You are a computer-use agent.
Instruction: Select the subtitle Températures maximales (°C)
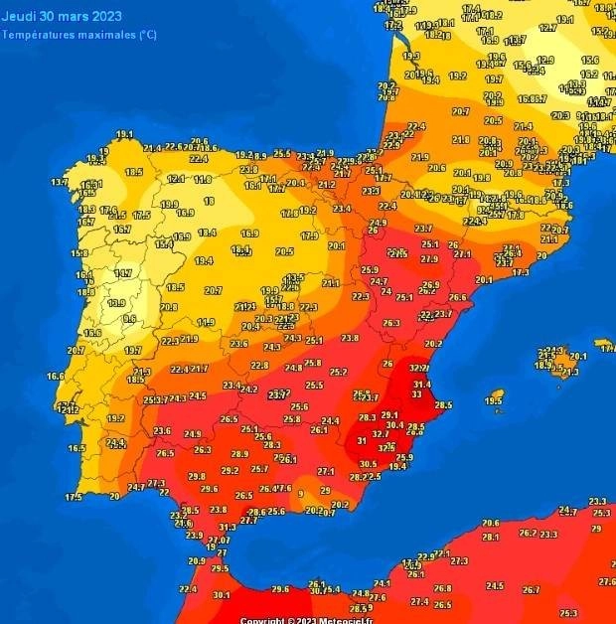point(78,35)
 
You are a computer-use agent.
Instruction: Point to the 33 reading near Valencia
point(415,394)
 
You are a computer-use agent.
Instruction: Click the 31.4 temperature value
point(422,384)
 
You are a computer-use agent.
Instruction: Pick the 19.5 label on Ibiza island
point(494,400)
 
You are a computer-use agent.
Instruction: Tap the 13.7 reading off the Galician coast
point(60,182)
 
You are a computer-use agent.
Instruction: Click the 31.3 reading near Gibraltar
point(228,527)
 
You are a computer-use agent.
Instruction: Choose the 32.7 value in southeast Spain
point(380,434)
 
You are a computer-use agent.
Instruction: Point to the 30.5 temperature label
point(368,464)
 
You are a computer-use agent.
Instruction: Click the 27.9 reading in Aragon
point(429,258)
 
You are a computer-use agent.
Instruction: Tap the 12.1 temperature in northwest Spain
point(176,179)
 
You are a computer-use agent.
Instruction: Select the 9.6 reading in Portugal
point(129,318)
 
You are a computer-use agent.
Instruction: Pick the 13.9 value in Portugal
point(115,302)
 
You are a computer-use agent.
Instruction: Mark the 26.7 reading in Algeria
point(532,590)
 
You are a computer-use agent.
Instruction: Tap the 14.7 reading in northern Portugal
point(123,273)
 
